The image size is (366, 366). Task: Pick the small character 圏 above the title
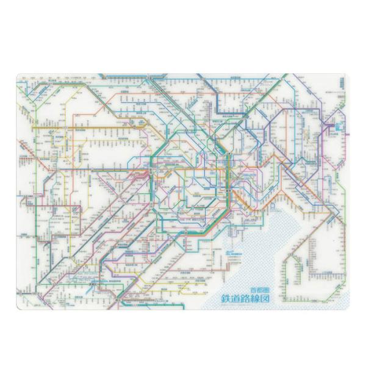268,289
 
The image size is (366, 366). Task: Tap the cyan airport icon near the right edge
334,126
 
